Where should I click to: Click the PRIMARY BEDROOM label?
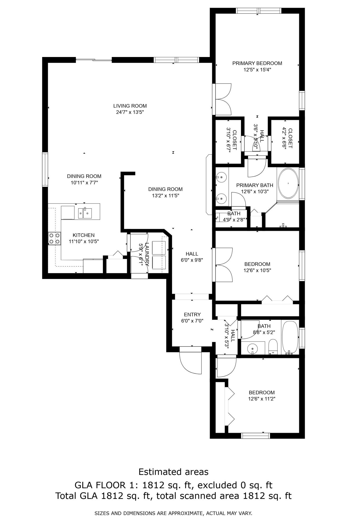[257, 63]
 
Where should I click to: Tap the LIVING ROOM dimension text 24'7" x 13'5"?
[130, 112]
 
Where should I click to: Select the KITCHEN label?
[84, 235]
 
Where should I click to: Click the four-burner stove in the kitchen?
[54, 238]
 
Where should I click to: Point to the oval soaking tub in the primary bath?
[288, 183]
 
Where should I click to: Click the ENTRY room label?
[192, 314]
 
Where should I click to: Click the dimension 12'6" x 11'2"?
[262, 399]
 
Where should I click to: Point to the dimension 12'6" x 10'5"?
[257, 270]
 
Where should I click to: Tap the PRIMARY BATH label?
[255, 185]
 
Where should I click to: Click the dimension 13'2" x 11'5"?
[165, 196]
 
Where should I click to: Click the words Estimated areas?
[173, 472]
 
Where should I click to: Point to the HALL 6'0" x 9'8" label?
[192, 257]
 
